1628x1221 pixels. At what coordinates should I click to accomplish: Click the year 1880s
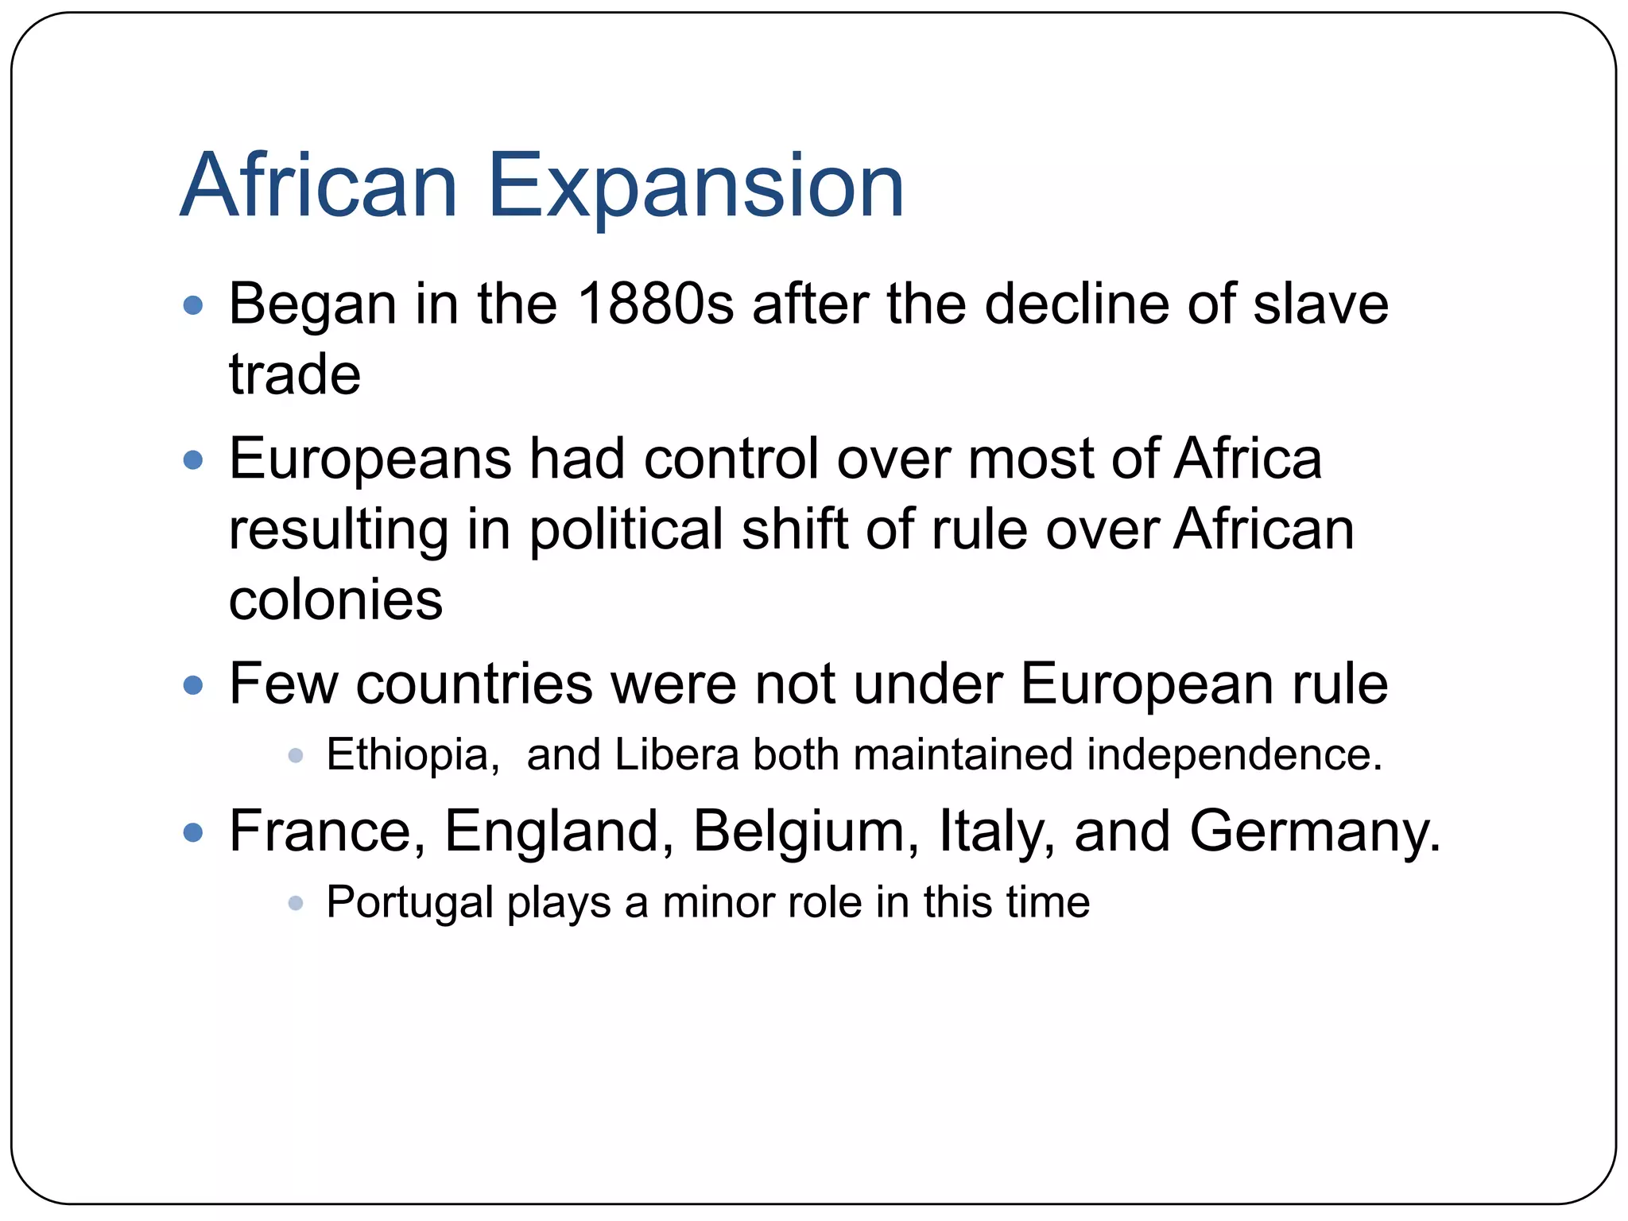[x=655, y=304]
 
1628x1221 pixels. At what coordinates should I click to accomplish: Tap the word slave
[x=1320, y=304]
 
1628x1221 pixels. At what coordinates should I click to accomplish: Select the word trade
[x=294, y=374]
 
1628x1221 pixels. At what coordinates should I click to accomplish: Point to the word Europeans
[x=370, y=460]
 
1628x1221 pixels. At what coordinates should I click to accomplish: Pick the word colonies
[x=335, y=600]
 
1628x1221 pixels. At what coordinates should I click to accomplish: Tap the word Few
[x=283, y=684]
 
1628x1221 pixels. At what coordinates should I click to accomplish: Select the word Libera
[x=676, y=754]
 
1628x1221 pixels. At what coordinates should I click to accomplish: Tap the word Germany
[x=1315, y=831]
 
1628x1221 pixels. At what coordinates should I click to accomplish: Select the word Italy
[x=997, y=831]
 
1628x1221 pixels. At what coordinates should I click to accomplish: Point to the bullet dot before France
[x=193, y=833]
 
